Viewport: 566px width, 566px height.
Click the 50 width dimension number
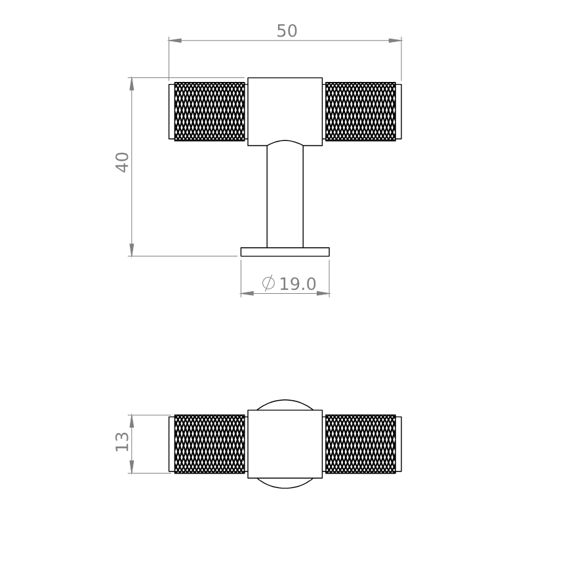coord(287,31)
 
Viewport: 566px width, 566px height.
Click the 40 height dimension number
coord(123,162)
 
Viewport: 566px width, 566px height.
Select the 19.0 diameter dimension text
coord(298,285)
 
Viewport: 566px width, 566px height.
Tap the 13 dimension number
coord(123,441)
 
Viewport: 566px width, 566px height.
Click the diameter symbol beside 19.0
coord(268,283)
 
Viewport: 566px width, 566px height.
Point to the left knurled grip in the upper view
coord(209,111)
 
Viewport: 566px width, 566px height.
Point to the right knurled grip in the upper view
coord(361,111)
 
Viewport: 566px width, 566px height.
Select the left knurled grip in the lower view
coord(209,444)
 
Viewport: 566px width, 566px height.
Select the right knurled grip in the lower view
coord(361,444)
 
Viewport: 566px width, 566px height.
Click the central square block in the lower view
coord(285,444)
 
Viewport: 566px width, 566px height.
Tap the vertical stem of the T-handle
coord(285,197)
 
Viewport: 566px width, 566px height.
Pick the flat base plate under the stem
coord(285,252)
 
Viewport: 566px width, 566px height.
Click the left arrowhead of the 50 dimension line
coord(175,41)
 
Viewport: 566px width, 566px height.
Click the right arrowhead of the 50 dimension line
coord(395,41)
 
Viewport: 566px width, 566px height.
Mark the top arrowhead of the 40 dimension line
coord(132,84)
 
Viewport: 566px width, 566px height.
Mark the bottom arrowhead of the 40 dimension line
coord(132,250)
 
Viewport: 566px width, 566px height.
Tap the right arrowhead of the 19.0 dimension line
coord(323,293)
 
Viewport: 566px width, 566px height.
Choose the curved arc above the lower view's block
coord(285,401)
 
